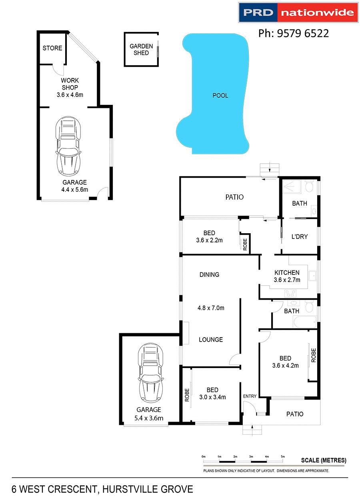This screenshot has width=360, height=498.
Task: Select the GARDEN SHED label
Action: pos(141,50)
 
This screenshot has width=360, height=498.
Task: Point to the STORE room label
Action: pos(52,48)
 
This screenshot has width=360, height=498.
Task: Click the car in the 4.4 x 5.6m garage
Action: pos(68,146)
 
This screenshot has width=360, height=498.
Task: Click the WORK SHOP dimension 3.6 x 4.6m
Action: pos(70,95)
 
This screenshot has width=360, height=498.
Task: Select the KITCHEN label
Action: pos(287,272)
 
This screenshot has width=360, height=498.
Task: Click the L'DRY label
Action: pos(299,236)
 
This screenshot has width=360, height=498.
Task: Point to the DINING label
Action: pos(209,274)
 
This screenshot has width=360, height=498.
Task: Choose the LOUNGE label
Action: pos(211,340)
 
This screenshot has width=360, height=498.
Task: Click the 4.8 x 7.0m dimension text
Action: pos(211,308)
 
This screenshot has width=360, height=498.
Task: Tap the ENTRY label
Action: pos(250,396)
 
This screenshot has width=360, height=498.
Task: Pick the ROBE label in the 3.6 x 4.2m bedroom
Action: pos(314,355)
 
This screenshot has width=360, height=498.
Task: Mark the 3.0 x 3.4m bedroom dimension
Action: pos(212,397)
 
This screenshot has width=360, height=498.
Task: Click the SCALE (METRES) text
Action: pos(324,460)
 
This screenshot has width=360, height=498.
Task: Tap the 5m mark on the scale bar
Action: pos(283,456)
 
